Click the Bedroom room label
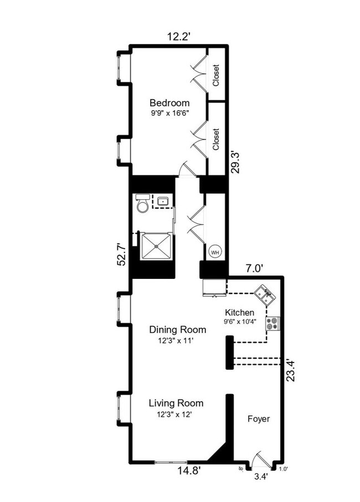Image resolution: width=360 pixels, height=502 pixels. pos(169,103)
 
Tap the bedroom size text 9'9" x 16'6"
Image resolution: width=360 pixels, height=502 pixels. pos(169,113)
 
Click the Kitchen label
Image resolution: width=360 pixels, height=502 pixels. pos(239,313)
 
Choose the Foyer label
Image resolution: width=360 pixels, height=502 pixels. pos(258,419)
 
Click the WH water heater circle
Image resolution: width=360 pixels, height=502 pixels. pos(214,252)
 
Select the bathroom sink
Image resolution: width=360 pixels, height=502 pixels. pos(163,201)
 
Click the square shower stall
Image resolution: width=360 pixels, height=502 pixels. pos(156,245)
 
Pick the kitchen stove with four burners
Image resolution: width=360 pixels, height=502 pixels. pos(272,323)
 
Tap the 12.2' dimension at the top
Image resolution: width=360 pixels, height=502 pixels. pos(180,37)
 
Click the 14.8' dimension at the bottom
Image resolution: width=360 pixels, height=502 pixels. pos(187,471)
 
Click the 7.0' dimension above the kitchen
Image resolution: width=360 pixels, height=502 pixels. pos(254,268)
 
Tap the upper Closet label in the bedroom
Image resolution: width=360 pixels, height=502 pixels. pos(216,76)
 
